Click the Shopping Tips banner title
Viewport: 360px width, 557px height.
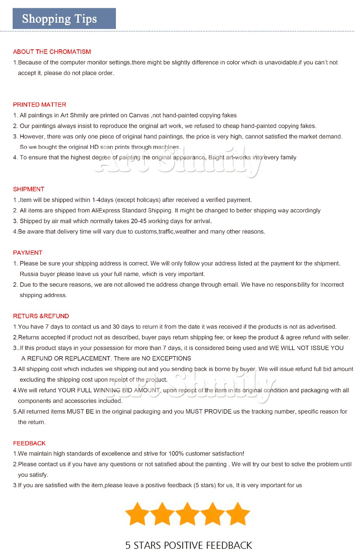pyautogui.click(x=59, y=19)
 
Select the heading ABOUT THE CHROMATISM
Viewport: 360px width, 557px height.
pyautogui.click(x=52, y=52)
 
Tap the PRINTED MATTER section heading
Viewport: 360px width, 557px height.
pyautogui.click(x=39, y=105)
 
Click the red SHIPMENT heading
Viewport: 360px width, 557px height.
pyautogui.click(x=29, y=189)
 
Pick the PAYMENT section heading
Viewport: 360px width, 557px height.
pyautogui.click(x=27, y=253)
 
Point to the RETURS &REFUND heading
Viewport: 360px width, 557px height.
pyautogui.click(x=41, y=316)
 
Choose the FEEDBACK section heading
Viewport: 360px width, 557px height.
pyautogui.click(x=29, y=443)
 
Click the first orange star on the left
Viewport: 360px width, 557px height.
pyautogui.click(x=137, y=514)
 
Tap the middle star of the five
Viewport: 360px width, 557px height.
pyautogui.click(x=187, y=514)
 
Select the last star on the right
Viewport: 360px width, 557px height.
pyautogui.click(x=237, y=514)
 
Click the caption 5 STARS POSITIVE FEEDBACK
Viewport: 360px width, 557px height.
pyautogui.click(x=188, y=545)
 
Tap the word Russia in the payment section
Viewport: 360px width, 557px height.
pyautogui.click(x=28, y=274)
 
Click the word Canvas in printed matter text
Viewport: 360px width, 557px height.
pyautogui.click(x=139, y=115)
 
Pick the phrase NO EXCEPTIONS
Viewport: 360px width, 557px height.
pyautogui.click(x=166, y=358)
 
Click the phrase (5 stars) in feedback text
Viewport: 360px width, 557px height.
pyautogui.click(x=204, y=485)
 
